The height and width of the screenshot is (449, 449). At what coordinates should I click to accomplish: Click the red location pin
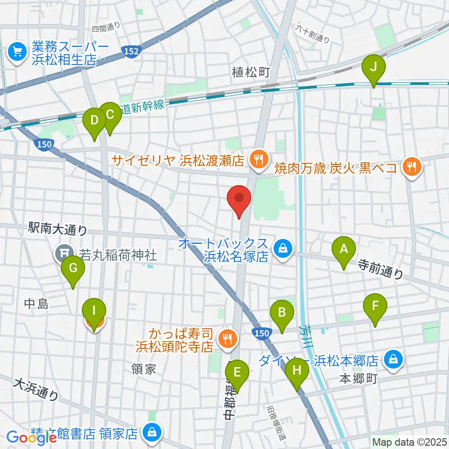[x=239, y=200]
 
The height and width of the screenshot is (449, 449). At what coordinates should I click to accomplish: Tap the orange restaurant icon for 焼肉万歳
[x=412, y=166]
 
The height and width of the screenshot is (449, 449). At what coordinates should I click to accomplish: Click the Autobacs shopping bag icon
[x=282, y=249]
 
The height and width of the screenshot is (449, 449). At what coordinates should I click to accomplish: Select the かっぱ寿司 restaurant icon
[x=228, y=340]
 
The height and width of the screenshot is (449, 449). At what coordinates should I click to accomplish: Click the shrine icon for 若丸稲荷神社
[x=63, y=254]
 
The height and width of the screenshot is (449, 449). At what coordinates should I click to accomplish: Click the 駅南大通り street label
[x=58, y=229]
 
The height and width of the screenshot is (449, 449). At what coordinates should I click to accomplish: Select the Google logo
[x=31, y=437]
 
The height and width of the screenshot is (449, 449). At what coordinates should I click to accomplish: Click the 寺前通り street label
[x=380, y=270]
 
